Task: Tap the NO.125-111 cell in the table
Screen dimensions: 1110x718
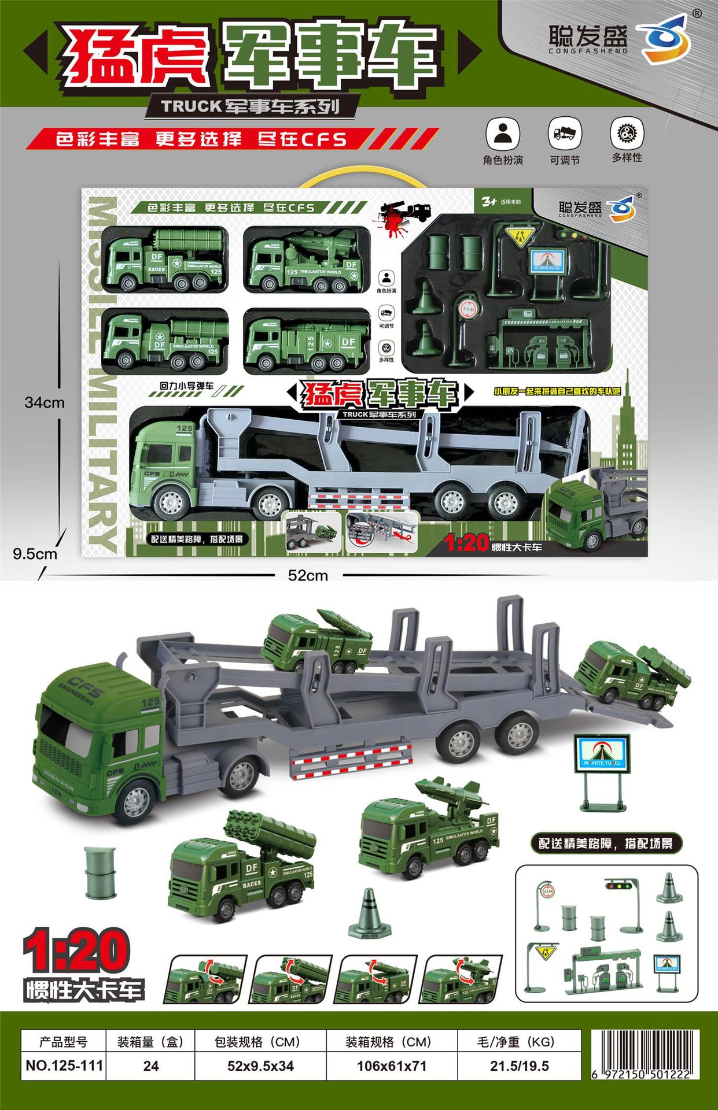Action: click(64, 1066)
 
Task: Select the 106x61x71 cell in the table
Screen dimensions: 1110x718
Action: click(391, 1066)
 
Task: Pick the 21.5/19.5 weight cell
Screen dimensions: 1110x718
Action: click(519, 1066)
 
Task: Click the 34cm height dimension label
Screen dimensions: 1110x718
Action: click(45, 403)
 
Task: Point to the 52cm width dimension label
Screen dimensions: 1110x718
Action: click(308, 575)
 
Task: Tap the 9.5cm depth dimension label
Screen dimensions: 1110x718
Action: click(35, 554)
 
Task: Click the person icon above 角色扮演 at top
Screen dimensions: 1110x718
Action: click(503, 134)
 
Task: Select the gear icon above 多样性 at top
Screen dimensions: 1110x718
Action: click(627, 134)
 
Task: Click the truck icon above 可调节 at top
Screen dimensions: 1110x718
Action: click(564, 134)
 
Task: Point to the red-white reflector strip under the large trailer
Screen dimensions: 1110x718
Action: click(351, 760)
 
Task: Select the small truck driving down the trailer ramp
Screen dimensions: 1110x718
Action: click(635, 675)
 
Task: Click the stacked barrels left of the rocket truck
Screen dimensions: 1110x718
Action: click(100, 872)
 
